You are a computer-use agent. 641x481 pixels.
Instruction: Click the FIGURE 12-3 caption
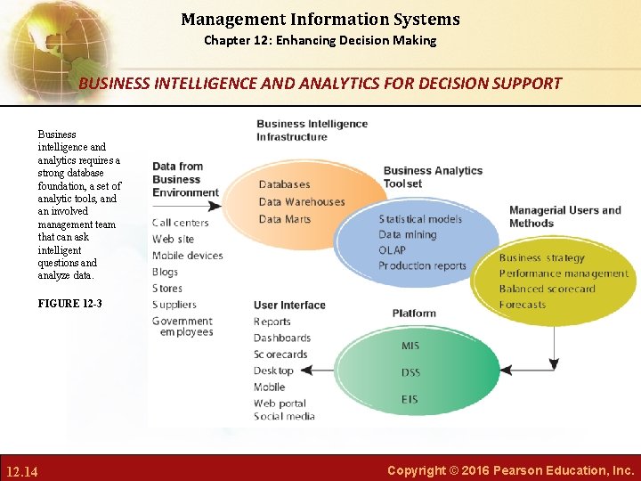click(69, 304)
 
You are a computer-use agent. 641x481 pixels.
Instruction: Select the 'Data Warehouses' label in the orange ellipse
click(301, 201)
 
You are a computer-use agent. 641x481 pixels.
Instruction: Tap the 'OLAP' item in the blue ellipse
click(392, 250)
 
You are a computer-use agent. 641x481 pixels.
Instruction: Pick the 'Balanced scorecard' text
click(547, 289)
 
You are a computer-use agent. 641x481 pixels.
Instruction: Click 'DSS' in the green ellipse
click(410, 372)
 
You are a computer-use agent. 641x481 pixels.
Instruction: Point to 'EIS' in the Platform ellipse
click(410, 399)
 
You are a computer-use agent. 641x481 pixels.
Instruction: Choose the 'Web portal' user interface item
click(280, 404)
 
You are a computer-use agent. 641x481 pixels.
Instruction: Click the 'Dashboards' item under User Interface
click(282, 338)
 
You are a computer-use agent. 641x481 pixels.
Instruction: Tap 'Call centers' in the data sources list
click(181, 223)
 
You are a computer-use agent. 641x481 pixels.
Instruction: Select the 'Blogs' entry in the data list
click(165, 272)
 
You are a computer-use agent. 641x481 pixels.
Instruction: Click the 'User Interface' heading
click(289, 305)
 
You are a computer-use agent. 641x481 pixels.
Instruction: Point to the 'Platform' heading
click(414, 313)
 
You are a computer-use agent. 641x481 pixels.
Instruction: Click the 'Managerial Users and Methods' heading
click(564, 216)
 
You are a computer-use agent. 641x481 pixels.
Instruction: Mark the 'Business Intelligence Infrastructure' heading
click(312, 130)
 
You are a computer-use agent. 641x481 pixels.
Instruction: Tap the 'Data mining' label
click(407, 234)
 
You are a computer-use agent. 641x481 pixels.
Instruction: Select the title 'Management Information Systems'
click(320, 19)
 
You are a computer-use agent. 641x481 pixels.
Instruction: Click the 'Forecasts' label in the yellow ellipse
click(523, 305)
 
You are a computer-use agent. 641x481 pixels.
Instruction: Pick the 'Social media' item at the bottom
click(284, 416)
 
